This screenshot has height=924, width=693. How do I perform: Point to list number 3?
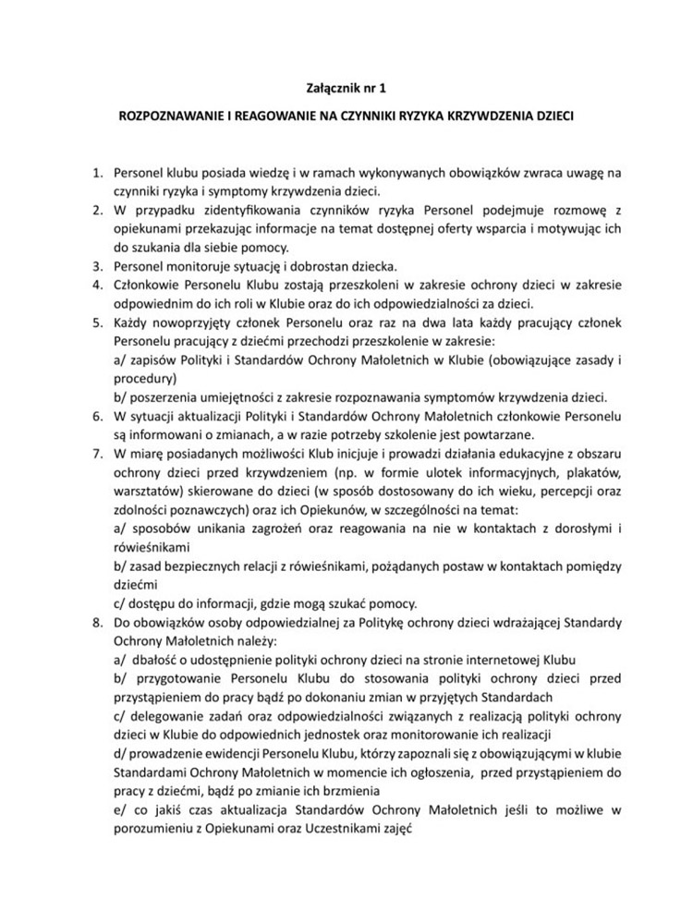95,265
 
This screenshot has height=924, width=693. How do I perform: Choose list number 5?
95,322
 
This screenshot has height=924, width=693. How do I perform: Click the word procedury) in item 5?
140,379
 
